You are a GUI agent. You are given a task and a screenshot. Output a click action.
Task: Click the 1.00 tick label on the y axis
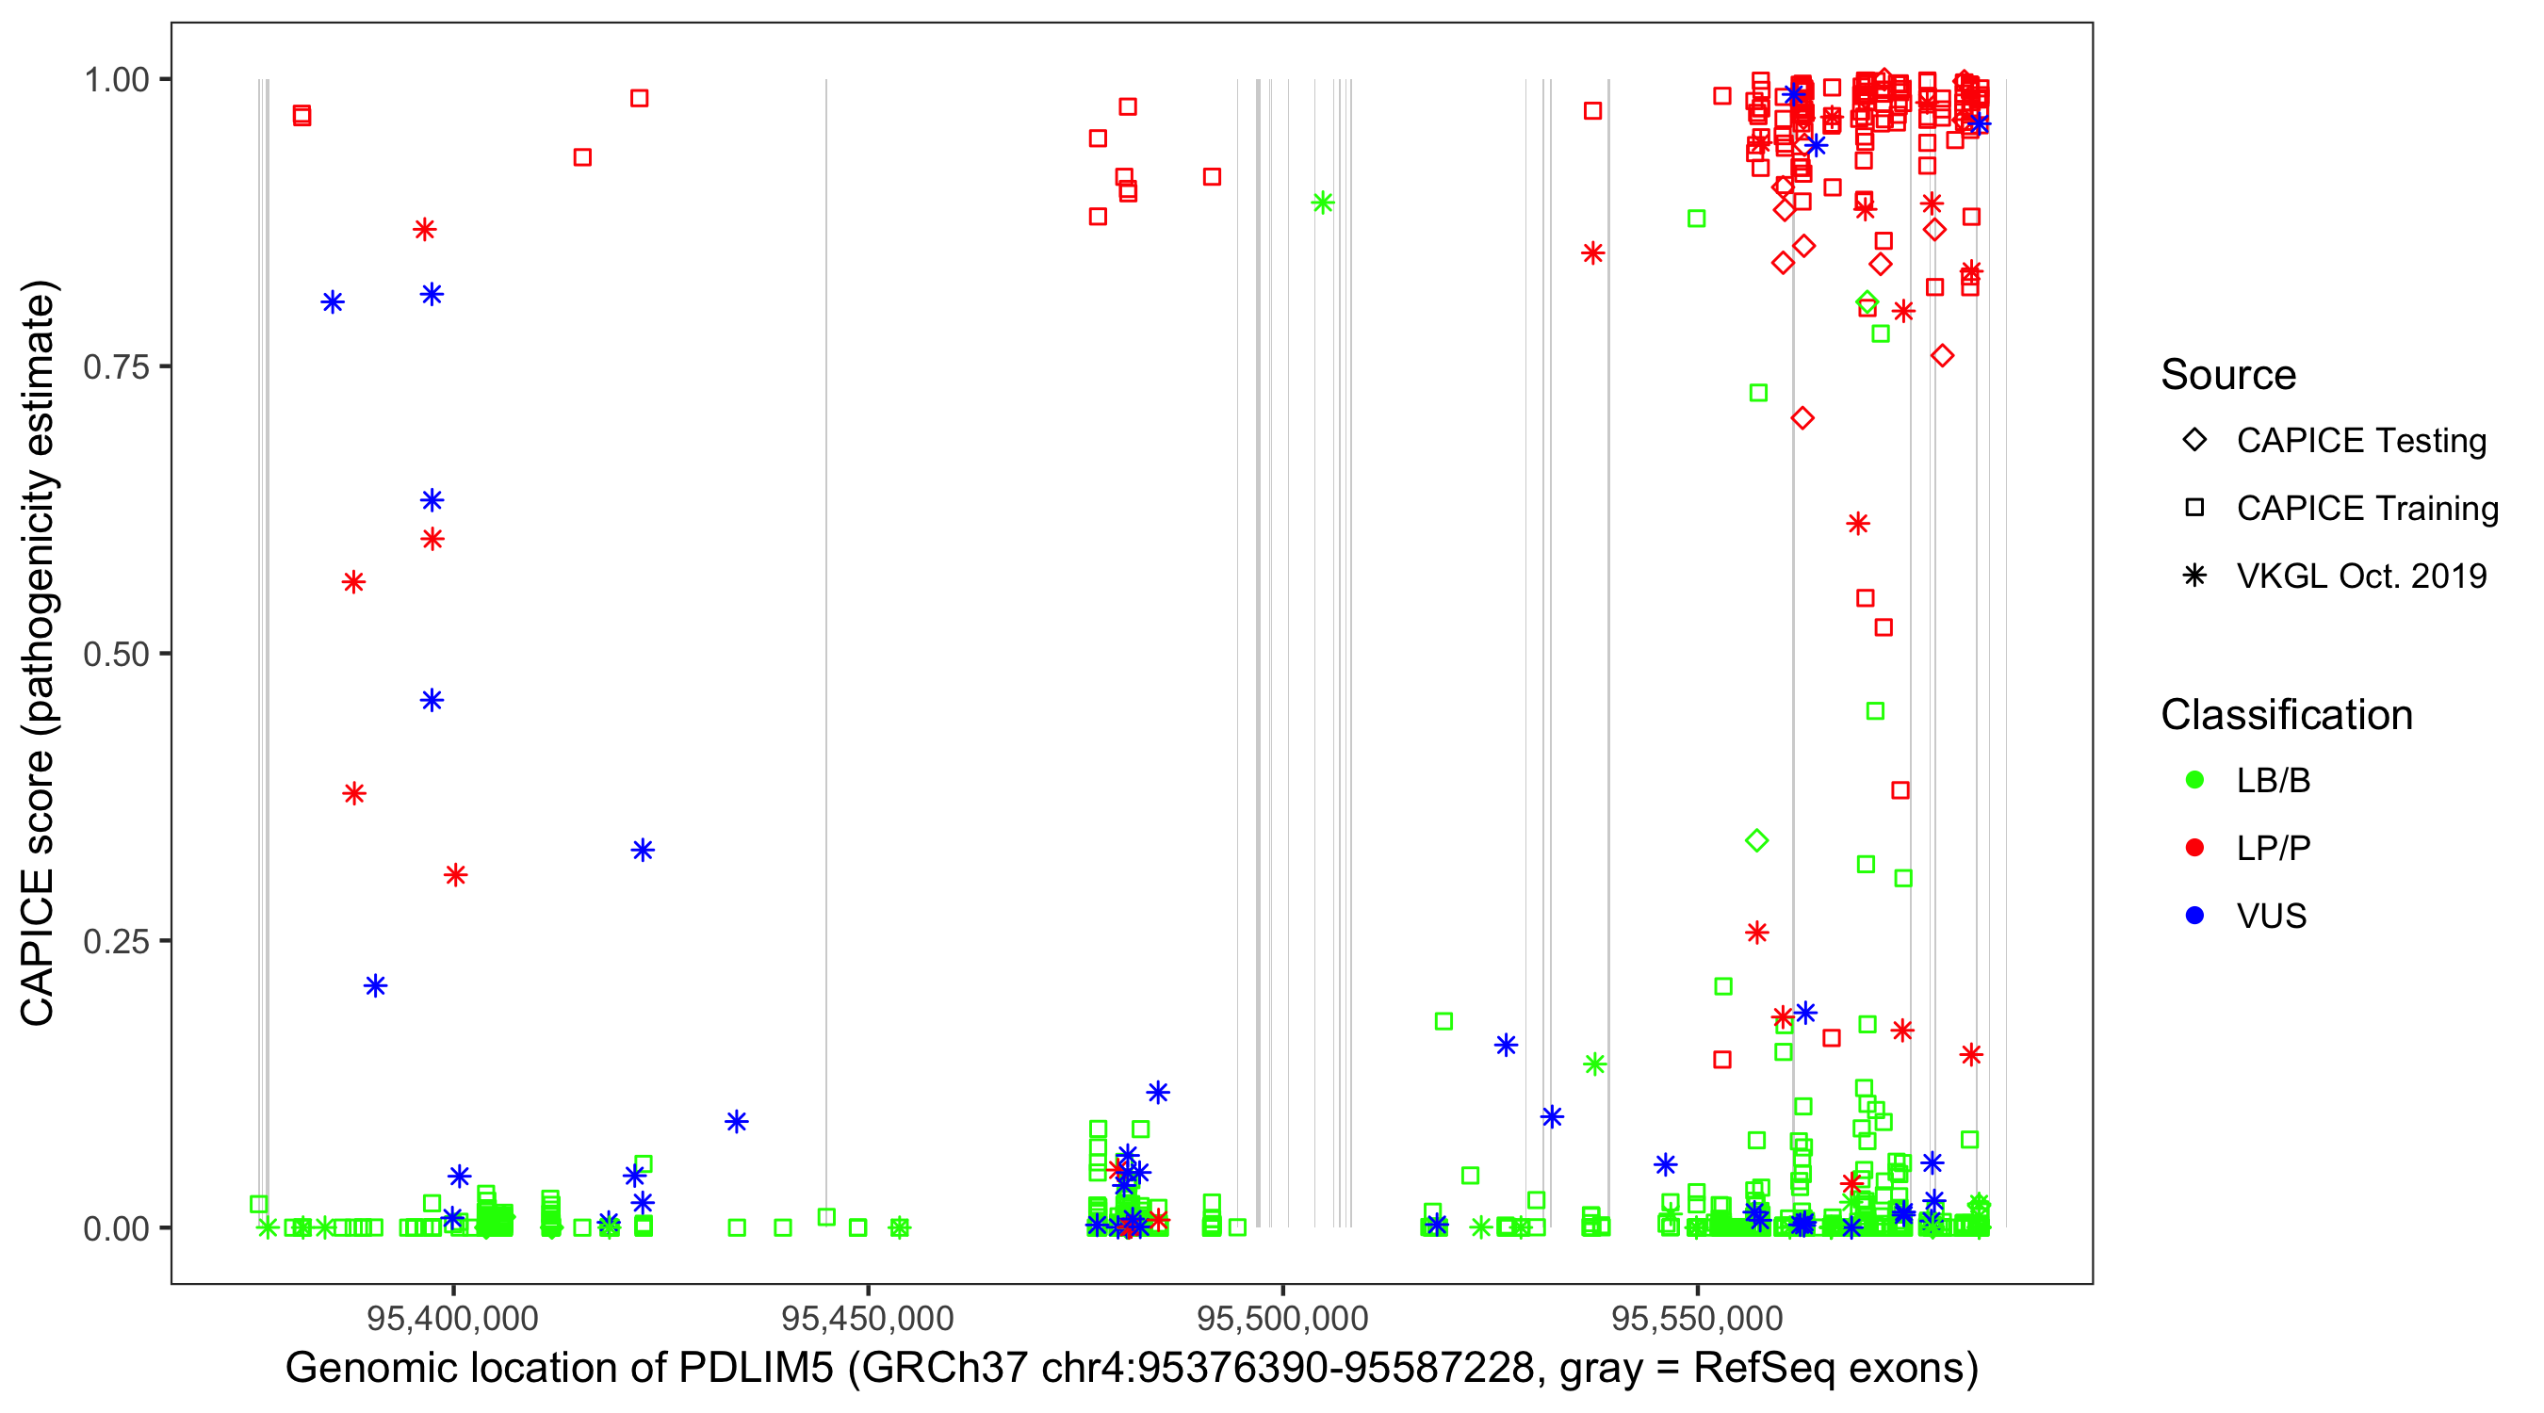116,80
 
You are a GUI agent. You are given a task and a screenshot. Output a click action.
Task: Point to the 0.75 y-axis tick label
116,367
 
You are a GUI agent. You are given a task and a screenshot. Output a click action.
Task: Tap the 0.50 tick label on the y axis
116,654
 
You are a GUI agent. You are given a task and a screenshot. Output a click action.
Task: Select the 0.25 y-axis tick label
116,941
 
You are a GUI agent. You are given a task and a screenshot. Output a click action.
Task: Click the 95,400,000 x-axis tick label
452,1318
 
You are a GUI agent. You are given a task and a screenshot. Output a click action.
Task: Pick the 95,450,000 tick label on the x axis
867,1318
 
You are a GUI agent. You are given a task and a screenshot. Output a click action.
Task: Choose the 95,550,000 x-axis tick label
1697,1318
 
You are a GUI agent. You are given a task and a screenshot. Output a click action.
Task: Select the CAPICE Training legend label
2367,509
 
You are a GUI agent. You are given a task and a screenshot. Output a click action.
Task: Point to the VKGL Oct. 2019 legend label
2361,577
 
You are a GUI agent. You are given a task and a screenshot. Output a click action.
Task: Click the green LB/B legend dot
2194,780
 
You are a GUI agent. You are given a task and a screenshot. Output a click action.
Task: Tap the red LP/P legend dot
2194,848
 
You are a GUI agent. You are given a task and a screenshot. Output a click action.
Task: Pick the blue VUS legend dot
2194,917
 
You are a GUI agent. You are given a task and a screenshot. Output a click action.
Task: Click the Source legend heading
2228,375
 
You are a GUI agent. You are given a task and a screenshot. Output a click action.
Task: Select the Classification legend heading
2286,715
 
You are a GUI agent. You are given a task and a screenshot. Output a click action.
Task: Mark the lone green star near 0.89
1322,203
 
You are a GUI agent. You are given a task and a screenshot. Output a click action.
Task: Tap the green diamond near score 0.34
1756,841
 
